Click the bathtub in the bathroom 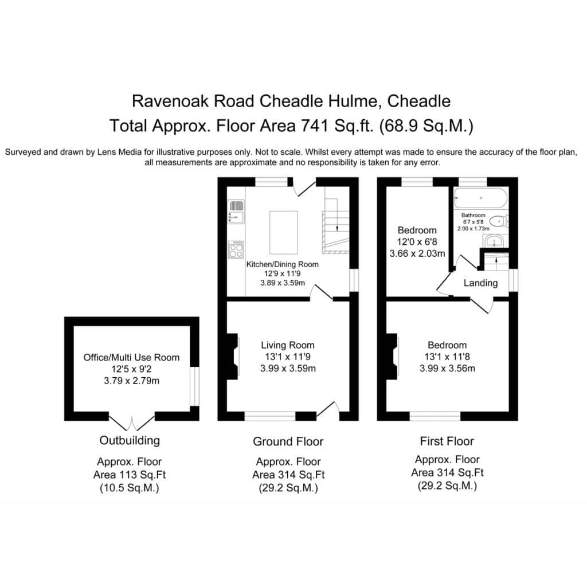[x=481, y=198]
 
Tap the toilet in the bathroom [x=499, y=221]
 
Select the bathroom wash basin [x=495, y=241]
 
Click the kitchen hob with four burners [x=236, y=249]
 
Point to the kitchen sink [x=236, y=212]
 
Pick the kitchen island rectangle [x=284, y=233]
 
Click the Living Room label [x=288, y=345]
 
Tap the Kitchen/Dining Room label [x=282, y=264]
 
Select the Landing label [x=481, y=283]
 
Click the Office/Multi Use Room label [x=131, y=358]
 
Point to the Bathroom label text [x=473, y=216]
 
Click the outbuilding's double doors [x=131, y=422]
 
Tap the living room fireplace [x=233, y=357]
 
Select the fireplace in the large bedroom [x=392, y=357]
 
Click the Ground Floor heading [x=288, y=441]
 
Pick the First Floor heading [x=447, y=441]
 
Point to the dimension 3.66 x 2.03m [x=417, y=253]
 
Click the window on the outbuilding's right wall [x=195, y=386]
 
